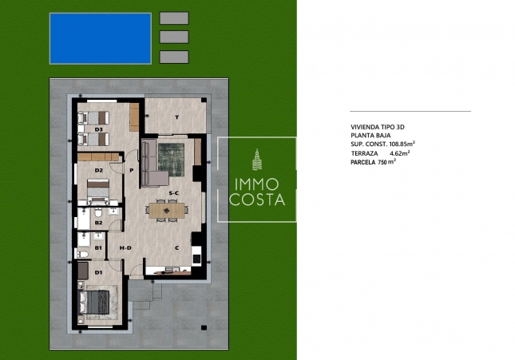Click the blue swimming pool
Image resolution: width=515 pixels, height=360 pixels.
pos(100,37)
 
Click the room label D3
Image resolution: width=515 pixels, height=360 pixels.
pos(100,129)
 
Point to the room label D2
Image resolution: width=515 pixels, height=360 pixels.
pos(99,170)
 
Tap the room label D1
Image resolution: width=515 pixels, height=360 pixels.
pos(99,273)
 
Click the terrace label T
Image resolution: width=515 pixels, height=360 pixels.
pos(176,117)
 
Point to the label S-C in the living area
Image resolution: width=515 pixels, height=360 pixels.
pos(172,194)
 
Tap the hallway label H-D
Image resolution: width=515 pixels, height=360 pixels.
pos(125,248)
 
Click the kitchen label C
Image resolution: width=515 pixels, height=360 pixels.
pos(176,247)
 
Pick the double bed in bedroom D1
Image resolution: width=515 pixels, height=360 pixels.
pos(98,301)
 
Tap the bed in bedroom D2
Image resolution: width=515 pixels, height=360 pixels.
pos(97,187)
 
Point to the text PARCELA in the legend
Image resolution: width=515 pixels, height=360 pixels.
pos(363,162)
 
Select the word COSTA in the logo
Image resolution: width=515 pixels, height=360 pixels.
pos(256,200)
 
